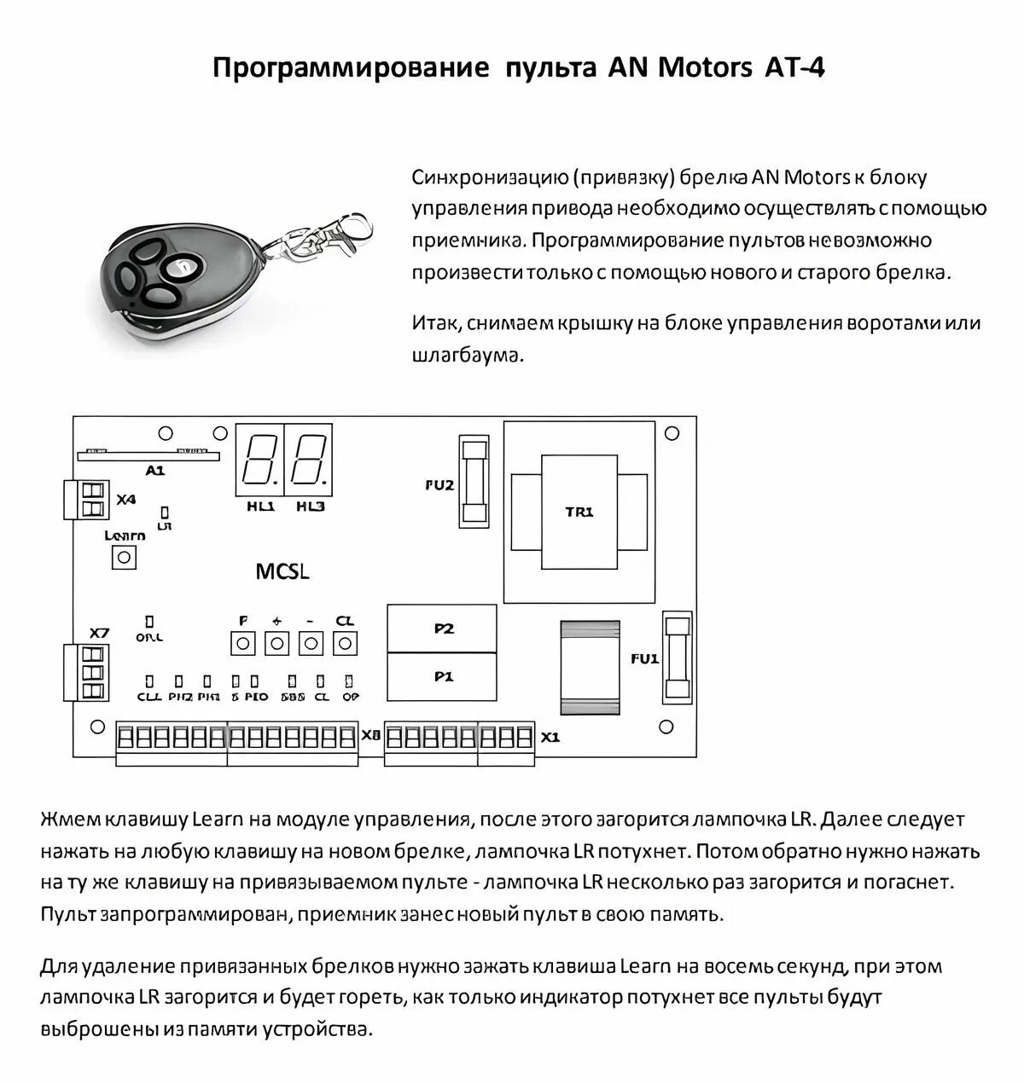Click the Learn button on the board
click(x=125, y=558)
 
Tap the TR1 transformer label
click(x=579, y=512)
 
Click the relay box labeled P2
click(x=443, y=628)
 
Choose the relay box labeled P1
click(x=443, y=676)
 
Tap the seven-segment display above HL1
click(x=259, y=458)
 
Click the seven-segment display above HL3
click(x=310, y=458)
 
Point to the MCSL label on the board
click(x=282, y=571)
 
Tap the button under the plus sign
click(x=276, y=643)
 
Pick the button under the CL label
click(x=344, y=643)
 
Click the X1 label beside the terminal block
click(x=551, y=737)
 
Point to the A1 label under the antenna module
click(x=154, y=470)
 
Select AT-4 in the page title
click(x=790, y=68)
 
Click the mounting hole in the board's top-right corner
click(x=672, y=434)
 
